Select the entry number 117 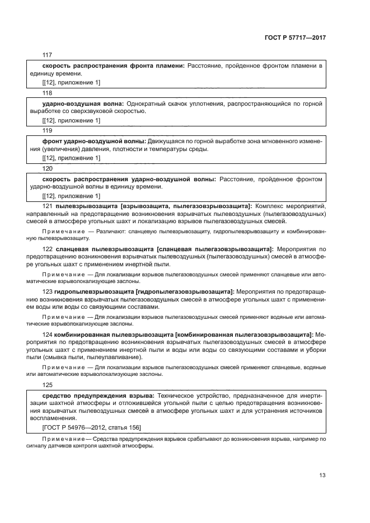coord(47,55)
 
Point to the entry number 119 coord(47,130)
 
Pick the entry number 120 coord(47,168)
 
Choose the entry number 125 coord(47,385)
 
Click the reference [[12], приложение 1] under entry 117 coord(71,83)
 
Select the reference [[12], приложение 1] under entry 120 coord(71,196)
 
